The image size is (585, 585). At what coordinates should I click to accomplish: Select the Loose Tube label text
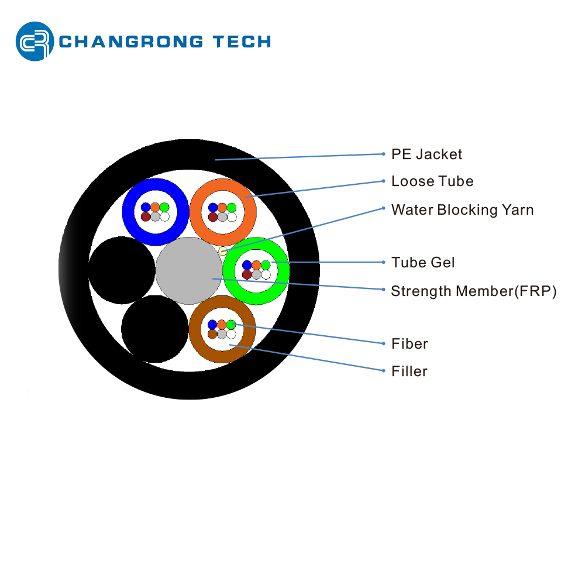pyautogui.click(x=432, y=181)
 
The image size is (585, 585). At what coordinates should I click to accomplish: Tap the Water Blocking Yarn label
pyautogui.click(x=462, y=209)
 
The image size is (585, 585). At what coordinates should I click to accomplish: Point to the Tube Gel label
pyautogui.click(x=423, y=263)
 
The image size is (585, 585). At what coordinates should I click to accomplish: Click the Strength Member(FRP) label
pyautogui.click(x=473, y=291)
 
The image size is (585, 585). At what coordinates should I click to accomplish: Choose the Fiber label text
pyautogui.click(x=409, y=344)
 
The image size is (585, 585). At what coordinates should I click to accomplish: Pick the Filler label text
pyautogui.click(x=409, y=371)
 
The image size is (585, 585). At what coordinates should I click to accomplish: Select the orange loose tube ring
pyautogui.click(x=198, y=212)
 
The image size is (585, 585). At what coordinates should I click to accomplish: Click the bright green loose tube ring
pyautogui.click(x=231, y=270)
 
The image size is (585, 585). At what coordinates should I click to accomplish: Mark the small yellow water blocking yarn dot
pyautogui.click(x=223, y=251)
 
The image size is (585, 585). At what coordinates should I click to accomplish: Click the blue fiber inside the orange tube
pyautogui.click(x=213, y=208)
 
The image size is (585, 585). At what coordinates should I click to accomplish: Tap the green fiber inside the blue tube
pyautogui.click(x=164, y=208)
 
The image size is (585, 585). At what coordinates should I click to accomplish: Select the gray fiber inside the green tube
pyautogui.click(x=256, y=274)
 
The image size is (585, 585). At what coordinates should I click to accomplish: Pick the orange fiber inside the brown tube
pyautogui.click(x=222, y=325)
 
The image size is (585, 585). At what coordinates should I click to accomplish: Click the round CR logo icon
pyautogui.click(x=35, y=41)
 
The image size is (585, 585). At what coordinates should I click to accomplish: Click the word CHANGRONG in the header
pyautogui.click(x=132, y=42)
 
